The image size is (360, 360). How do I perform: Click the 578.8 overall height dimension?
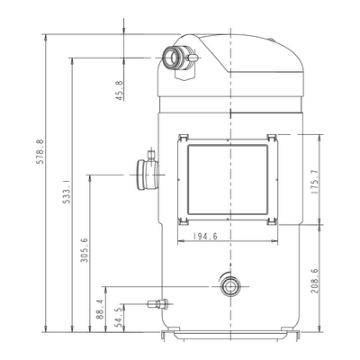click(x=40, y=152)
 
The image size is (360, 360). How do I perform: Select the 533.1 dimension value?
click(x=67, y=192)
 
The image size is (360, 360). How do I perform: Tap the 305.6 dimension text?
click(x=85, y=250)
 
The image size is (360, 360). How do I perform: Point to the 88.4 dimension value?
click(x=101, y=309)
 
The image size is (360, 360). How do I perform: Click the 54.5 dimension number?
click(x=119, y=317)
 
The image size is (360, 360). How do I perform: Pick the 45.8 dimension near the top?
click(x=119, y=90)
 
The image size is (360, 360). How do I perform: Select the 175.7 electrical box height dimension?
click(x=315, y=181)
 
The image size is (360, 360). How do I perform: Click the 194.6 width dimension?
click(x=205, y=237)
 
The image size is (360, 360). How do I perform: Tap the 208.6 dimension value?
click(x=315, y=281)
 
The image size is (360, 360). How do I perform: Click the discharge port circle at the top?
click(x=170, y=57)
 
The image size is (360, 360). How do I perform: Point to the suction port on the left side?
click(x=148, y=175)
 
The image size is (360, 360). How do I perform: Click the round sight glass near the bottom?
click(x=230, y=286)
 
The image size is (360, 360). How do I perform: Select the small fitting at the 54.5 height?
click(x=157, y=304)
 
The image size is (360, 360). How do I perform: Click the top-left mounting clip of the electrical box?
click(x=183, y=137)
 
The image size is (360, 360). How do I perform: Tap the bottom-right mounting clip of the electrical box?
click(x=272, y=221)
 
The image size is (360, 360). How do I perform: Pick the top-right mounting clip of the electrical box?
click(x=272, y=137)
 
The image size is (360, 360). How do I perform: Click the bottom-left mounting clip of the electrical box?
click(x=183, y=221)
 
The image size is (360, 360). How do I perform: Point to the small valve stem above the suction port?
click(x=151, y=156)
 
